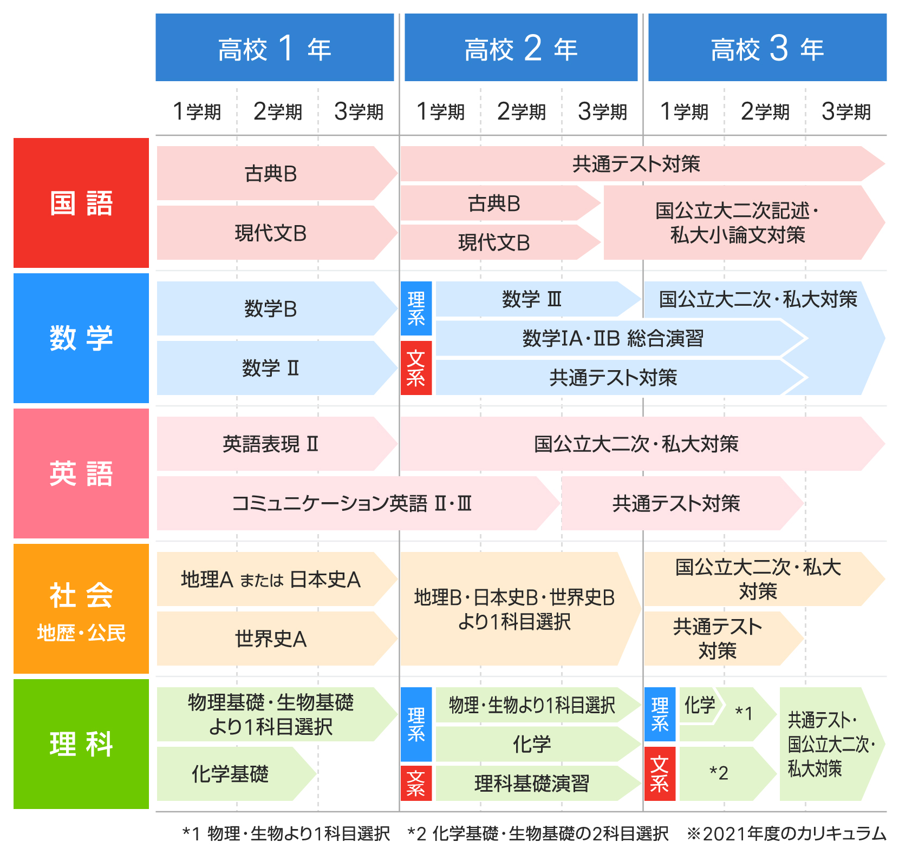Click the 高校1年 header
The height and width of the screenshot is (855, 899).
[x=275, y=48]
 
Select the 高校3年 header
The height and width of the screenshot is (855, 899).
[x=767, y=48]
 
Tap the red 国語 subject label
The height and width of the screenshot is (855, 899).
[x=81, y=203]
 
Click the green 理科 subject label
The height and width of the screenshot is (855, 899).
[x=81, y=744]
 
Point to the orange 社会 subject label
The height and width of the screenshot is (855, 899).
[x=81, y=609]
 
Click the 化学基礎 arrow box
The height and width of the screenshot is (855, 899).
[x=236, y=774]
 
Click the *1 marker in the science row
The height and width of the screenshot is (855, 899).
[x=744, y=713]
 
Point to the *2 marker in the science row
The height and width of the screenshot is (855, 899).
[x=719, y=773]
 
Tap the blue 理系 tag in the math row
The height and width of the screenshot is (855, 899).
[x=416, y=308]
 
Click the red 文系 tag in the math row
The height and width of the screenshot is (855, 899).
[x=416, y=368]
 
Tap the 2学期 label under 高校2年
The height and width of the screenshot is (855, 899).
[x=521, y=111]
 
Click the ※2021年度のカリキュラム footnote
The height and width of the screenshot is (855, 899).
[x=786, y=833]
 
